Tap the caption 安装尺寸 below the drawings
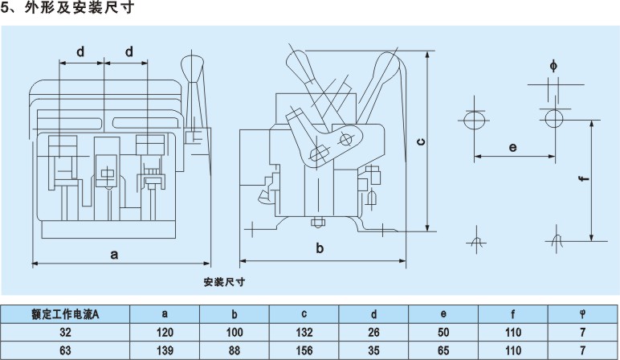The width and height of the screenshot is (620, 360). tap(224, 281)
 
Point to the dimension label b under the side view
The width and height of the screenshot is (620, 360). tap(320, 248)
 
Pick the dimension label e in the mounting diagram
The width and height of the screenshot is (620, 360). tap(512, 147)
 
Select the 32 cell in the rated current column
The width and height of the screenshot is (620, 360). tap(65, 331)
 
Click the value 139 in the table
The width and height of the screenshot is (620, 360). tap(165, 350)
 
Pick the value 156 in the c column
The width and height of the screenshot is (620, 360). tap(304, 350)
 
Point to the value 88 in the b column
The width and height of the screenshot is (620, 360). tap(235, 350)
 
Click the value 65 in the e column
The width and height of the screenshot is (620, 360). tap(444, 350)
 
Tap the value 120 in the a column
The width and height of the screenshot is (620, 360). tap(165, 331)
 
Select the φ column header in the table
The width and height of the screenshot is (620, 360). tap(582, 314)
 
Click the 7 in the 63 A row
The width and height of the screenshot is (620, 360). tap(582, 350)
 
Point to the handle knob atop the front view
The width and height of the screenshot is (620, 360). tap(194, 64)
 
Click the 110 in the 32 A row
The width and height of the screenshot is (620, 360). tap(513, 331)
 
